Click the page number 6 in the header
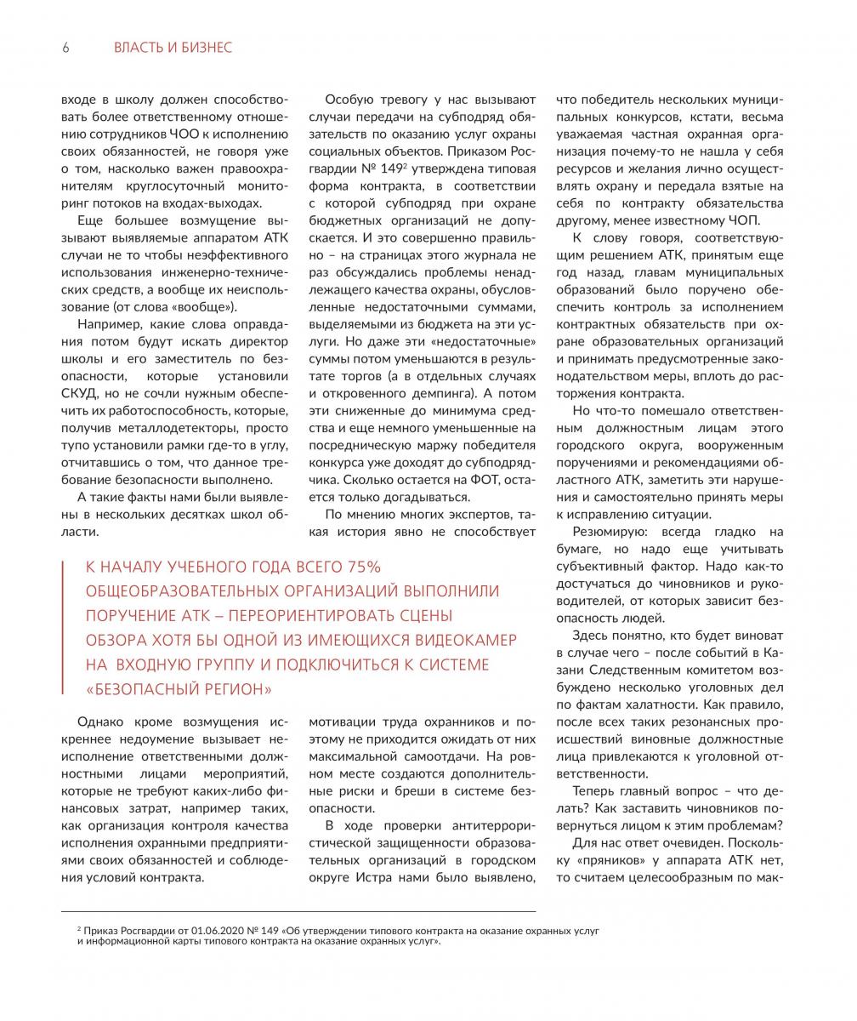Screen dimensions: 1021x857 (65, 48)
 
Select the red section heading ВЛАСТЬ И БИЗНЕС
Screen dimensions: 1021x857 (173, 48)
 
